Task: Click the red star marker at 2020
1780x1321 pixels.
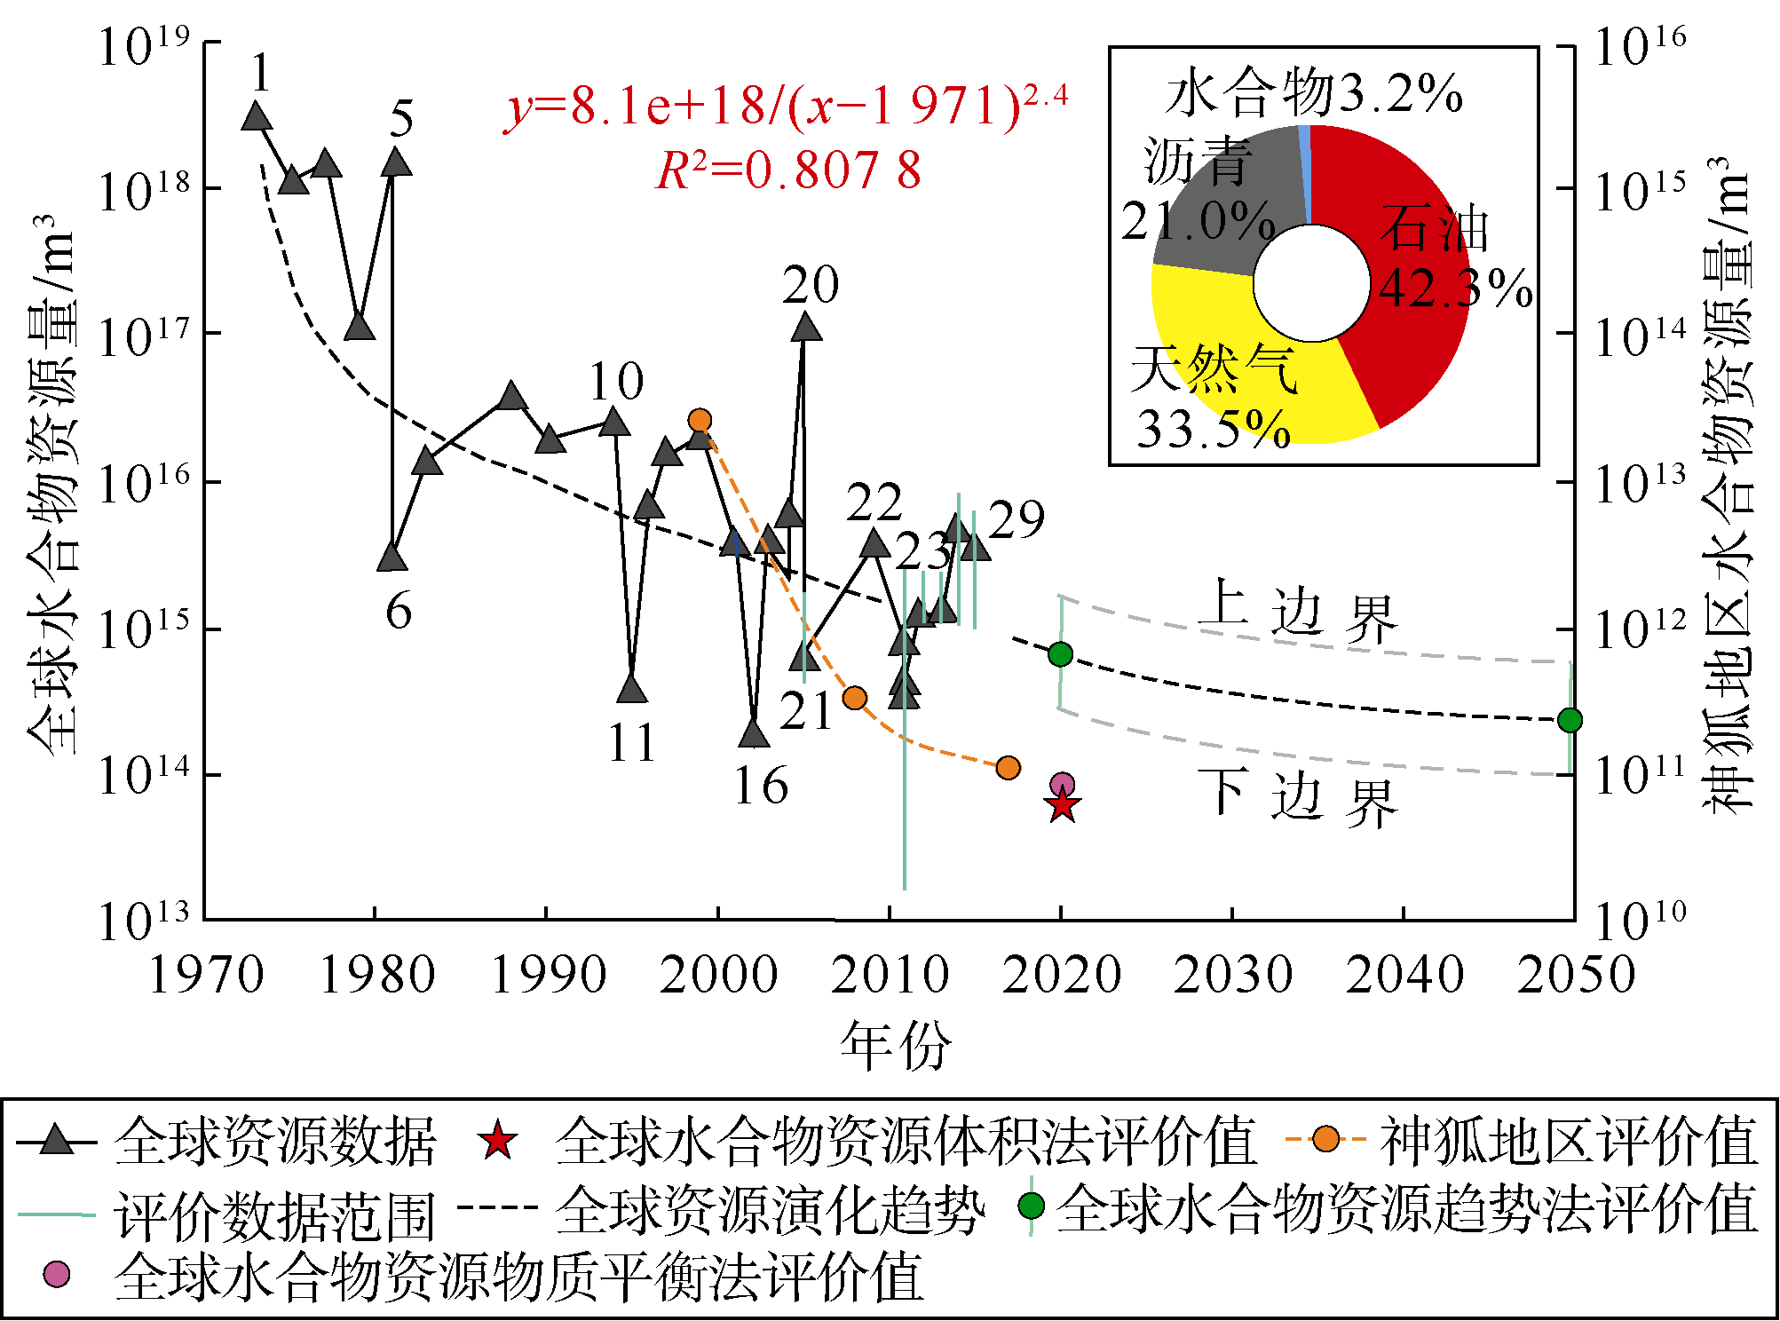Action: point(1062,805)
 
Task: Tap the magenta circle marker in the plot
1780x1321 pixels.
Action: point(1062,784)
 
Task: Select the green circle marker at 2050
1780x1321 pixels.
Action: point(1570,720)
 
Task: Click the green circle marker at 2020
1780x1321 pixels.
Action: point(1060,654)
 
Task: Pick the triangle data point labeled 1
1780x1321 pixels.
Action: point(257,116)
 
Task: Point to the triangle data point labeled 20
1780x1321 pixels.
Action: point(806,328)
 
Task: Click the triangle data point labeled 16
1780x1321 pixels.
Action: point(754,734)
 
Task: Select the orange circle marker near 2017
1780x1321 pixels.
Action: point(1008,767)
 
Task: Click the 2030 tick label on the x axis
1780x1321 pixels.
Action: point(1232,975)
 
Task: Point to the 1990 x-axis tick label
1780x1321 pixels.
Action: point(548,975)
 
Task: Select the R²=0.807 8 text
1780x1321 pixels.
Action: point(788,170)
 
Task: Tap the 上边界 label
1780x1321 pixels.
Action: point(1296,613)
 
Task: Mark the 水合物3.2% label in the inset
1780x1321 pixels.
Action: point(1314,93)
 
